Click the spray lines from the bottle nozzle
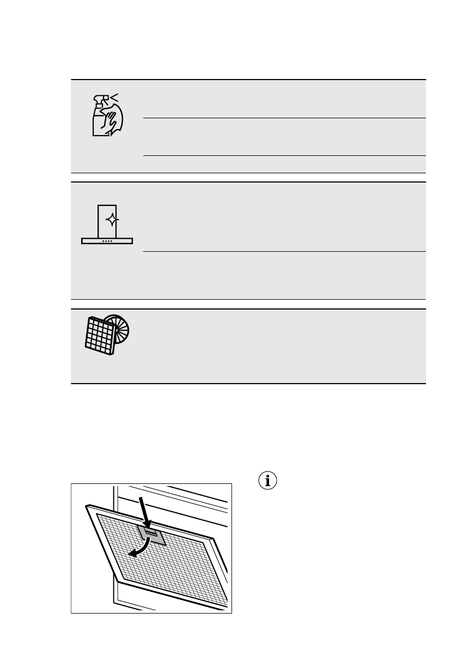(x=114, y=98)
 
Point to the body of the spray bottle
(x=99, y=123)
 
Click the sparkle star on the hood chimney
(x=112, y=220)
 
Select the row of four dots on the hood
(x=107, y=240)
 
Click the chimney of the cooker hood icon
(x=107, y=221)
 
